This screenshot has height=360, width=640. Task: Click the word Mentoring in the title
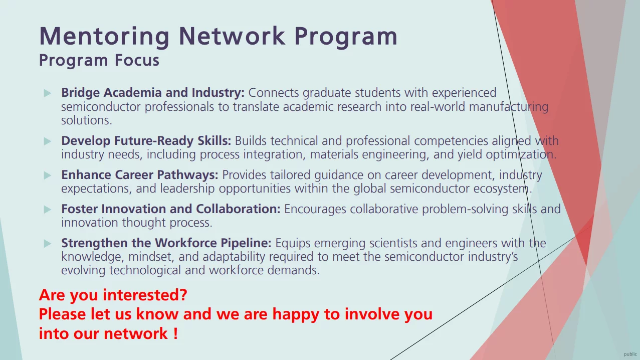coord(104,37)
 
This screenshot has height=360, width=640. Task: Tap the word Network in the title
coord(232,36)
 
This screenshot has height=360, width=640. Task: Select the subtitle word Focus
coord(137,60)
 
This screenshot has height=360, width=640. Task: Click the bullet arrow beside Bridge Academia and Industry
coord(48,93)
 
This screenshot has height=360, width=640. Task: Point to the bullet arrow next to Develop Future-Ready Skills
coord(48,141)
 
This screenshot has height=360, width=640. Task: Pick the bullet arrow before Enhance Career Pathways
coord(48,175)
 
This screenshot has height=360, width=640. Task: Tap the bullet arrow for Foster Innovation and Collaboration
coord(48,209)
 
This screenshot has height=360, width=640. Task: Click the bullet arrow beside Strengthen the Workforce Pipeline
coord(48,243)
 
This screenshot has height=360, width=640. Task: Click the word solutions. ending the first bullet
coord(87,120)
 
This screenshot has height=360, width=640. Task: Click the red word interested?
coord(145,295)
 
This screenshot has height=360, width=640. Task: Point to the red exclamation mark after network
coord(175,333)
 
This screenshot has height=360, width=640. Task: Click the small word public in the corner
coord(630,354)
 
